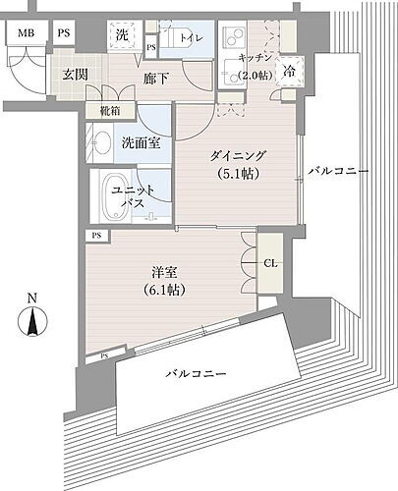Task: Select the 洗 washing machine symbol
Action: click(122, 35)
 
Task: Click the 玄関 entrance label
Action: click(78, 75)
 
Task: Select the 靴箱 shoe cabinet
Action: click(111, 112)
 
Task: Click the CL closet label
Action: click(270, 263)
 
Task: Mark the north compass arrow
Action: click(34, 320)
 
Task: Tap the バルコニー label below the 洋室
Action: click(197, 375)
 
